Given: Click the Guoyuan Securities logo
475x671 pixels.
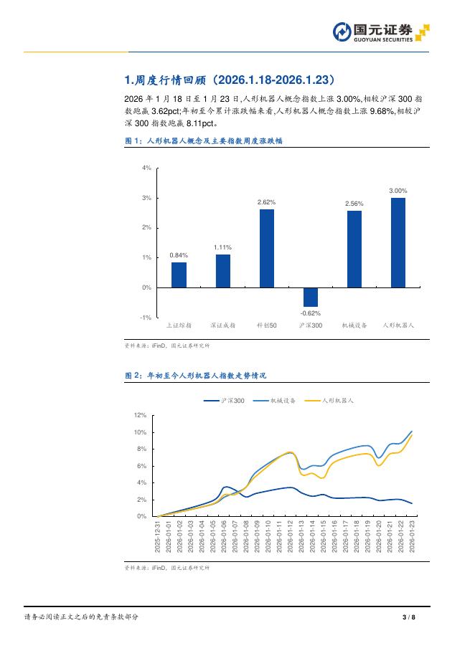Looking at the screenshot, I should click(381, 32).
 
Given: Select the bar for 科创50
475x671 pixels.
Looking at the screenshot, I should click(266, 248).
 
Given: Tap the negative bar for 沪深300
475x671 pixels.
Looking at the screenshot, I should click(310, 297).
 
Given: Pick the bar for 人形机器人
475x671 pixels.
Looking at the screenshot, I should click(398, 242).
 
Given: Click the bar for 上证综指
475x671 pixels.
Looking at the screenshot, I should click(179, 275).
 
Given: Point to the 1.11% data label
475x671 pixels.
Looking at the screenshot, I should click(222, 247).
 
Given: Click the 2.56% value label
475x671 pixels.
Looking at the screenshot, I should click(354, 204).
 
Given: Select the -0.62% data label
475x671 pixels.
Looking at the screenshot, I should click(310, 313).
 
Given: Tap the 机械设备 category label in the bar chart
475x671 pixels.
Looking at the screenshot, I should click(354, 325).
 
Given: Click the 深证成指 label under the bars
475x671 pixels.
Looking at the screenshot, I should click(222, 325).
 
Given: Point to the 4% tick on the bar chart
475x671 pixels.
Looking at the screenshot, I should click(146, 168).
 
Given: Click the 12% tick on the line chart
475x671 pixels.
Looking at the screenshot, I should click(141, 415).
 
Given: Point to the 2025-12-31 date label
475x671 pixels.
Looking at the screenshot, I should click(157, 536).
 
